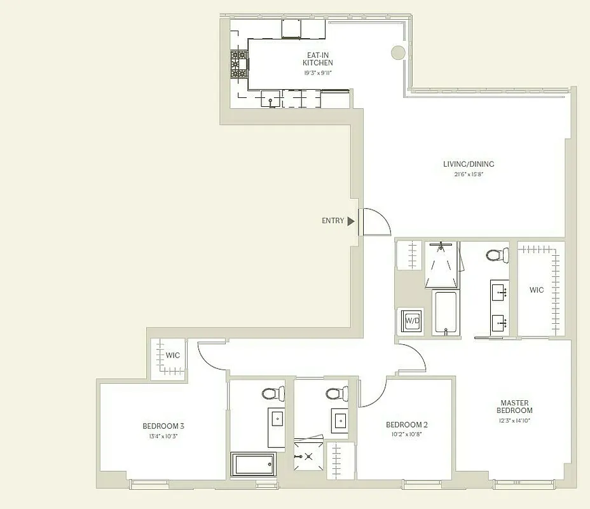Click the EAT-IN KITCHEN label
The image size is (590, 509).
pyautogui.click(x=317, y=59)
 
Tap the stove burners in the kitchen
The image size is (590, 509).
pyautogui.click(x=239, y=65)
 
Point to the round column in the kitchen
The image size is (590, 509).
pyautogui.click(x=398, y=53)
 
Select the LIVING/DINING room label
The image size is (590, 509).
pyautogui.click(x=469, y=164)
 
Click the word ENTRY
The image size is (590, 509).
pyautogui.click(x=333, y=221)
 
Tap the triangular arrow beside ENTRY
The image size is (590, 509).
pyautogui.click(x=350, y=221)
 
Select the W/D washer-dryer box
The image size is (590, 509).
pyautogui.click(x=412, y=321)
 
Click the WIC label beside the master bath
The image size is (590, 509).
pyautogui.click(x=537, y=290)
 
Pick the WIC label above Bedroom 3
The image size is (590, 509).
pyautogui.click(x=173, y=355)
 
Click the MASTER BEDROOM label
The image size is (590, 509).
pyautogui.click(x=516, y=406)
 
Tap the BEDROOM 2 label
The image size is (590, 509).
pyautogui.click(x=407, y=425)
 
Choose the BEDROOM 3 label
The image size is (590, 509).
pyautogui.click(x=163, y=426)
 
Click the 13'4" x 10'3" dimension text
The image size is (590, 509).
pyautogui.click(x=163, y=436)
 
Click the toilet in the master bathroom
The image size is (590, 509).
pyautogui.click(x=497, y=254)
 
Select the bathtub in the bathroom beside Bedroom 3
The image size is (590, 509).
pyautogui.click(x=253, y=464)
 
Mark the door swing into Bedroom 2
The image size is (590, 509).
pyautogui.click(x=374, y=392)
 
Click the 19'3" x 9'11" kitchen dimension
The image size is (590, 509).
pyautogui.click(x=317, y=73)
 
